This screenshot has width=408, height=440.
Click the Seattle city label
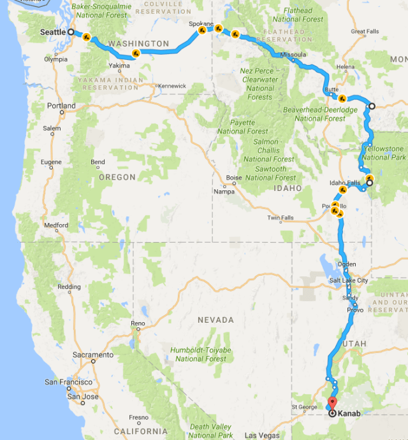(53, 32)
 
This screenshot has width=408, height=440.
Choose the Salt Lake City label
(349, 281)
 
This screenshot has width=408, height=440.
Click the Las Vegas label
(260, 436)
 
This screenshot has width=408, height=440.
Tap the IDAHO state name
(288, 188)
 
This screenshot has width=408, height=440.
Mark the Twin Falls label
(280, 218)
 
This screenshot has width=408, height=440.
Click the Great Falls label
(364, 31)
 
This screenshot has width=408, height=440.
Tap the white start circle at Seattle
(71, 32)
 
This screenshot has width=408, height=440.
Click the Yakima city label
(119, 66)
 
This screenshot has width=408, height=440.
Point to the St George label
(303, 407)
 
